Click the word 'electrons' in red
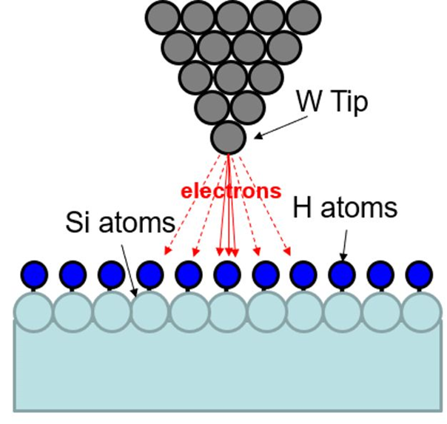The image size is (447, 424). [x=231, y=191]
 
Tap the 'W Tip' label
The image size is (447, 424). [x=332, y=102]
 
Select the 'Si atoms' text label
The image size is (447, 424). [x=121, y=222]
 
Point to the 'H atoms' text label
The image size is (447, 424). [x=345, y=208]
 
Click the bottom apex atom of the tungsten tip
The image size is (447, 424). [x=229, y=138]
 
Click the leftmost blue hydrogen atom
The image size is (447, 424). [x=34, y=275]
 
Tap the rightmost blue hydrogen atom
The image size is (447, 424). [x=419, y=275]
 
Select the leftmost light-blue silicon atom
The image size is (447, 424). [x=33, y=312]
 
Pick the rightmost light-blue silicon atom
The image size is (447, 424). [x=421, y=312]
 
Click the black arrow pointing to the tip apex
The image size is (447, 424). [x=280, y=127]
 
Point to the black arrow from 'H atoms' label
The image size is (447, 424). [x=345, y=246]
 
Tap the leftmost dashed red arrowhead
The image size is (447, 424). [x=167, y=250]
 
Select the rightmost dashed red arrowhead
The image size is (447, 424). [x=287, y=252]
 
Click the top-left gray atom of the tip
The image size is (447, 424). [x=163, y=17]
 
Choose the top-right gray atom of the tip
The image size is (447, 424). [x=304, y=17]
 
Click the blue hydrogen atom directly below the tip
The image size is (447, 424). [x=227, y=275]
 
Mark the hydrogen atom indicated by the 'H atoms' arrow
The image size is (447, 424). [x=342, y=275]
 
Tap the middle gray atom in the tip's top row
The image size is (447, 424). [x=233, y=17]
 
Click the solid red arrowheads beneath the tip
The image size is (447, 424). [x=227, y=252]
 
